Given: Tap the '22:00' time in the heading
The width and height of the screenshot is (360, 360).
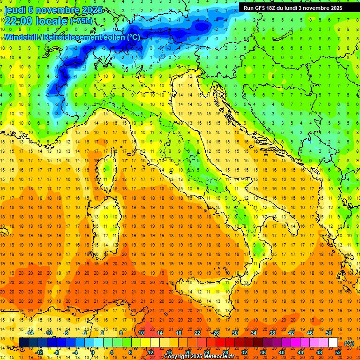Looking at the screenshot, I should pyautogui.click(x=19, y=21).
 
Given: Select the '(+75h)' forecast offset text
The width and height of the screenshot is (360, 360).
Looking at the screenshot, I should pyautogui.click(x=81, y=21).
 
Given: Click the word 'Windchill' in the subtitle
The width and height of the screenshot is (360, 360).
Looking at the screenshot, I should pyautogui.click(x=20, y=37).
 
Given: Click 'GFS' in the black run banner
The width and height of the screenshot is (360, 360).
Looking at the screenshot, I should pyautogui.click(x=262, y=8).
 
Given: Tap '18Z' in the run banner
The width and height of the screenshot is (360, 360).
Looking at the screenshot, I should pyautogui.click(x=276, y=8).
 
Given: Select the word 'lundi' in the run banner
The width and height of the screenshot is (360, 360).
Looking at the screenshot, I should pyautogui.click(x=300, y=8).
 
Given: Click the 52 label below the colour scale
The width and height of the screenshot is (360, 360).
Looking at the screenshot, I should pyautogui.click(x=338, y=352).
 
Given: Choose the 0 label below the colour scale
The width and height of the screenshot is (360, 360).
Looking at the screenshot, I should pyautogui.click(x=93, y=352).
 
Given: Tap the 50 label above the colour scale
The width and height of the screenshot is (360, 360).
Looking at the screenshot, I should pyautogui.click(x=328, y=333).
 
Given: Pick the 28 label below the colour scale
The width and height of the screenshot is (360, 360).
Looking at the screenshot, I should pyautogui.click(x=225, y=352).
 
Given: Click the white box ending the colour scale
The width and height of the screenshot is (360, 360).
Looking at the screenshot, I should pyautogui.click(x=333, y=343).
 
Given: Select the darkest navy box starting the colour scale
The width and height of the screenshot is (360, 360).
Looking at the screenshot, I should pyautogui.click(x=23, y=343).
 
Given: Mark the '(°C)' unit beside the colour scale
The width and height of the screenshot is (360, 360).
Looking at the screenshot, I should pyautogui.click(x=349, y=343).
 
